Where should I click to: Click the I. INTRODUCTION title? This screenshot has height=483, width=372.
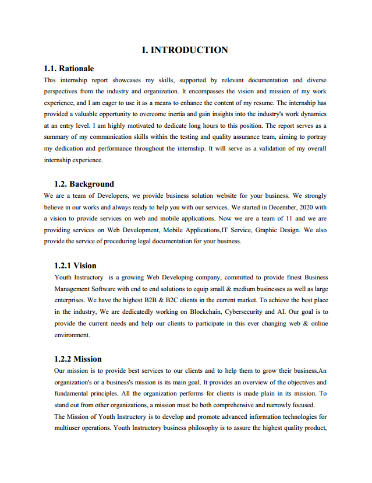(x=185, y=50)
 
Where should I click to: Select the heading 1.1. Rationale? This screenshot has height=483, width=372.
(x=69, y=69)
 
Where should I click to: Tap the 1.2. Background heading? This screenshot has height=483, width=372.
(x=84, y=184)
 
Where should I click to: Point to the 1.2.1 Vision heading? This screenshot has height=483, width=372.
(x=75, y=266)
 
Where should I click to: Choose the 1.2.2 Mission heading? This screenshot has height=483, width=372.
(x=78, y=359)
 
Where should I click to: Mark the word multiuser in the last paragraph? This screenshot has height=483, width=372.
(x=70, y=428)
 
